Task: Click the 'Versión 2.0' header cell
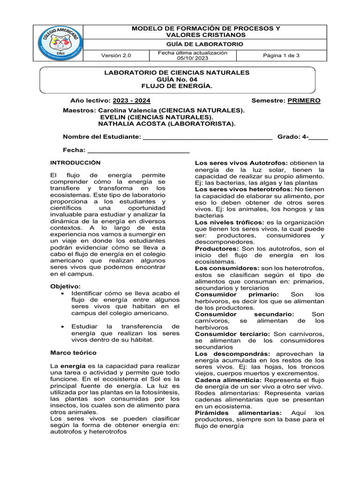coord(117,55)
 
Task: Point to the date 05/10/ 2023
coord(193,58)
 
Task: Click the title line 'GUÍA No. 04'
coord(177,80)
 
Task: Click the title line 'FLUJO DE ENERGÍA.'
coord(177,86)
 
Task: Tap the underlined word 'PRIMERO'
coord(304,101)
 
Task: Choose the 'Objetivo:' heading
coord(65,286)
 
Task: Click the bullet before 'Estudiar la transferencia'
coord(63,326)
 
